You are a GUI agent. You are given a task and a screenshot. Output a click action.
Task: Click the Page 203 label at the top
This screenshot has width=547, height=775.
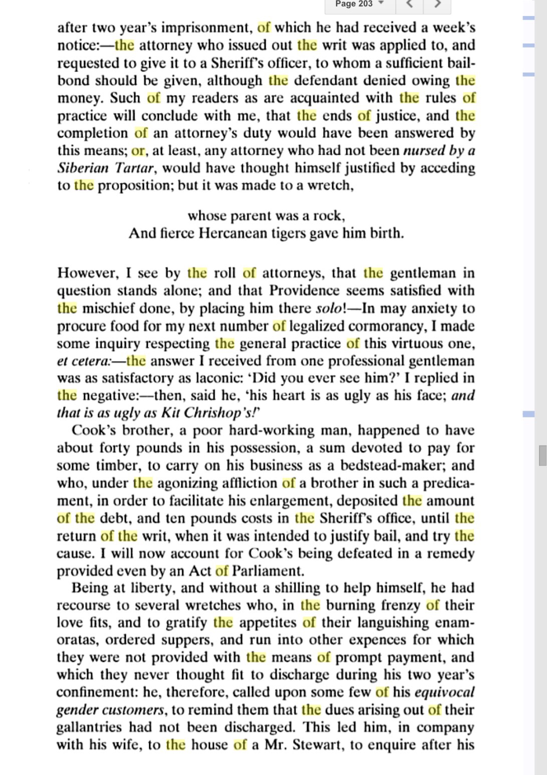pyautogui.click(x=354, y=4)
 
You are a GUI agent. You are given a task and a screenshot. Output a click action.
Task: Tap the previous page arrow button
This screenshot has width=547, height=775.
pyautogui.click(x=410, y=5)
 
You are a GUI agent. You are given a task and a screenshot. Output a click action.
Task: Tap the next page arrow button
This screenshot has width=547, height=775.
pyautogui.click(x=437, y=5)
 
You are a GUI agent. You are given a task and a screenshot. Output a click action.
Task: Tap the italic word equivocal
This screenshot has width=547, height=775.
pyautogui.click(x=444, y=692)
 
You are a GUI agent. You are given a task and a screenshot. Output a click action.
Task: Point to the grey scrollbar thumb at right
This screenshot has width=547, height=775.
pyautogui.click(x=542, y=455)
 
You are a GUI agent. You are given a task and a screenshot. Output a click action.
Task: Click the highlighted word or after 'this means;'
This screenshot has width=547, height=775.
pyautogui.click(x=138, y=151)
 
